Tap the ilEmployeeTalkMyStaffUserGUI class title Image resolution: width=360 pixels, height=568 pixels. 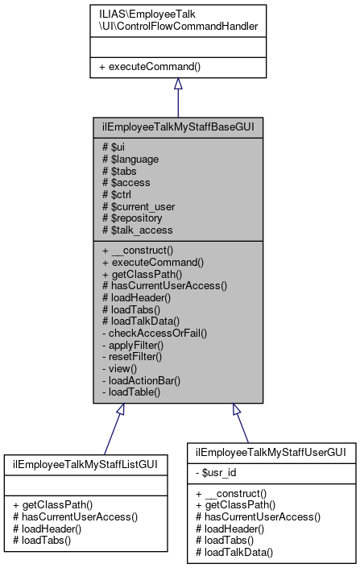pos(271,453)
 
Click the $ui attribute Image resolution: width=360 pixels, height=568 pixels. pos(112,147)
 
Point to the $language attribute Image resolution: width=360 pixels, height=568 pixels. pos(130,159)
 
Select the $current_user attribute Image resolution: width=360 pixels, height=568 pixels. pos(139,206)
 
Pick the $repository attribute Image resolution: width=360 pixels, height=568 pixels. pos(134,218)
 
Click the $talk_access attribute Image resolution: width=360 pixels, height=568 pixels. pos(137,230)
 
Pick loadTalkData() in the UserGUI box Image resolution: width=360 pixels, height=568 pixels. pos(234,553)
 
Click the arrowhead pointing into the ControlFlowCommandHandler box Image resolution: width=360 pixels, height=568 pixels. pos(178,84)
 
